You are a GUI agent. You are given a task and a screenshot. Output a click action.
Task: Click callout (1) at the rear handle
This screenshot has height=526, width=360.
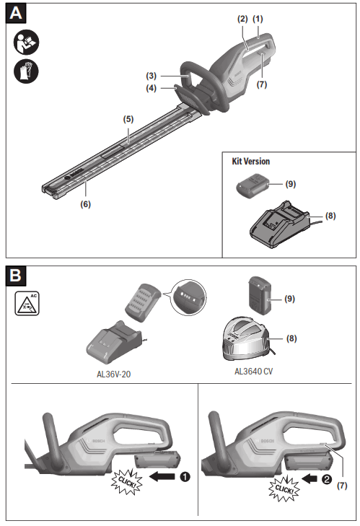(x=259, y=17)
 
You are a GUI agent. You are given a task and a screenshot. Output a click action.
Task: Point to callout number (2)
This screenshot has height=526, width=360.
(x=243, y=17)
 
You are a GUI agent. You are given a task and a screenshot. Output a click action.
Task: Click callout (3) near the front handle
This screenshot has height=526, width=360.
(x=151, y=75)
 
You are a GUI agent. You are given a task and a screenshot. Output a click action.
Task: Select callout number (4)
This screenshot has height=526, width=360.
(x=151, y=89)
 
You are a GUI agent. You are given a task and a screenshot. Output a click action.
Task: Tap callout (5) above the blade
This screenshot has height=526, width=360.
(x=128, y=118)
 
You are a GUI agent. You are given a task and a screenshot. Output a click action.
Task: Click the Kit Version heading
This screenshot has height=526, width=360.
(x=250, y=162)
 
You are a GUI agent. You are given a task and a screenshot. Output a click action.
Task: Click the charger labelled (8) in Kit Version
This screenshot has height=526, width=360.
(x=277, y=225)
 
